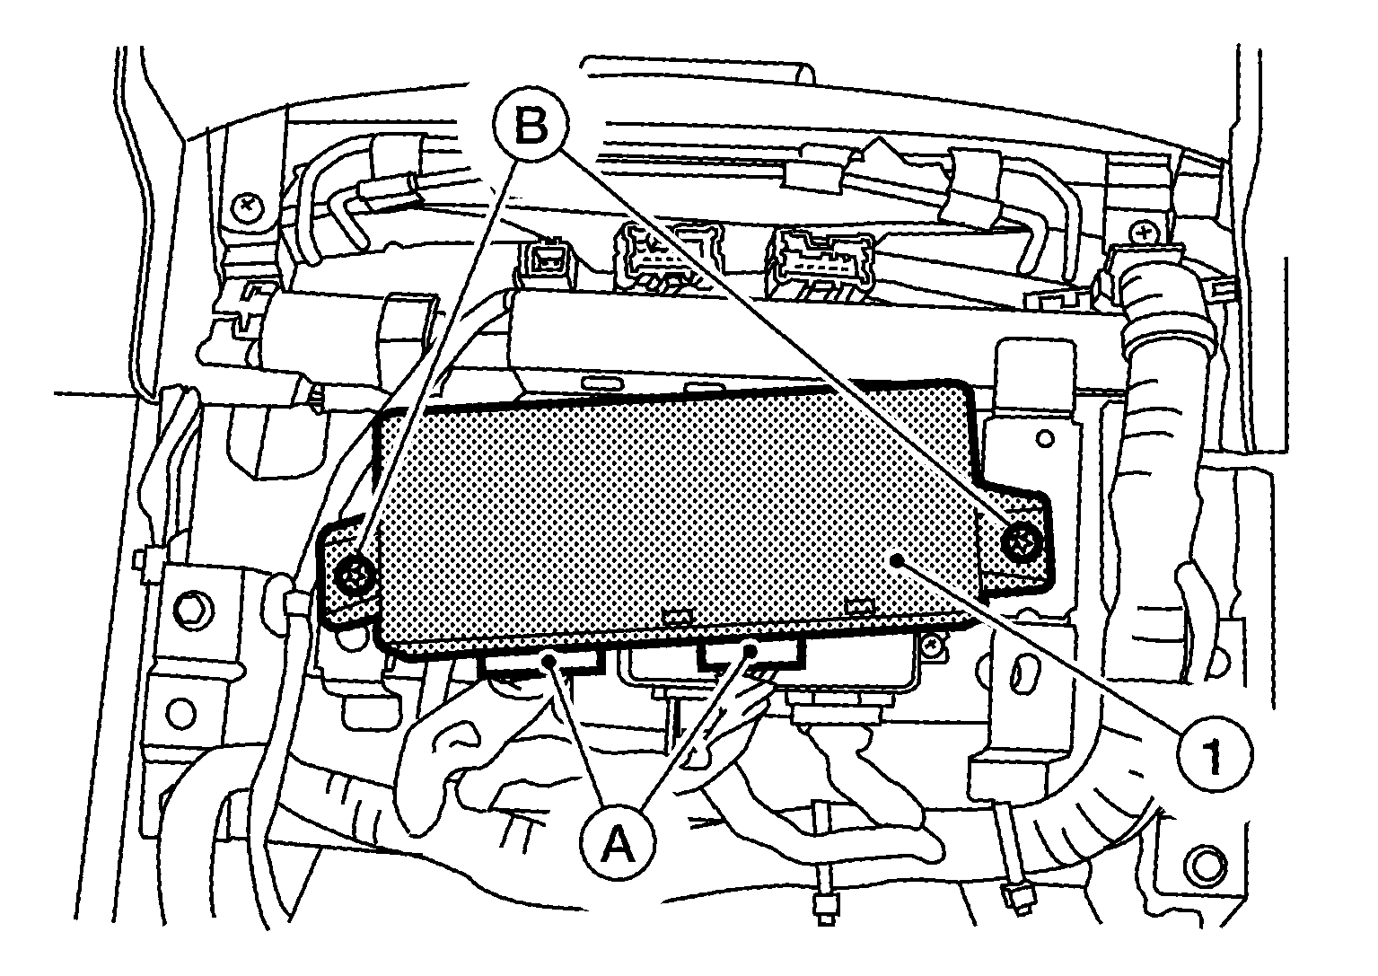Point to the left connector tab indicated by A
[x=541, y=662]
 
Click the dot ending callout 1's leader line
[x=899, y=558]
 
